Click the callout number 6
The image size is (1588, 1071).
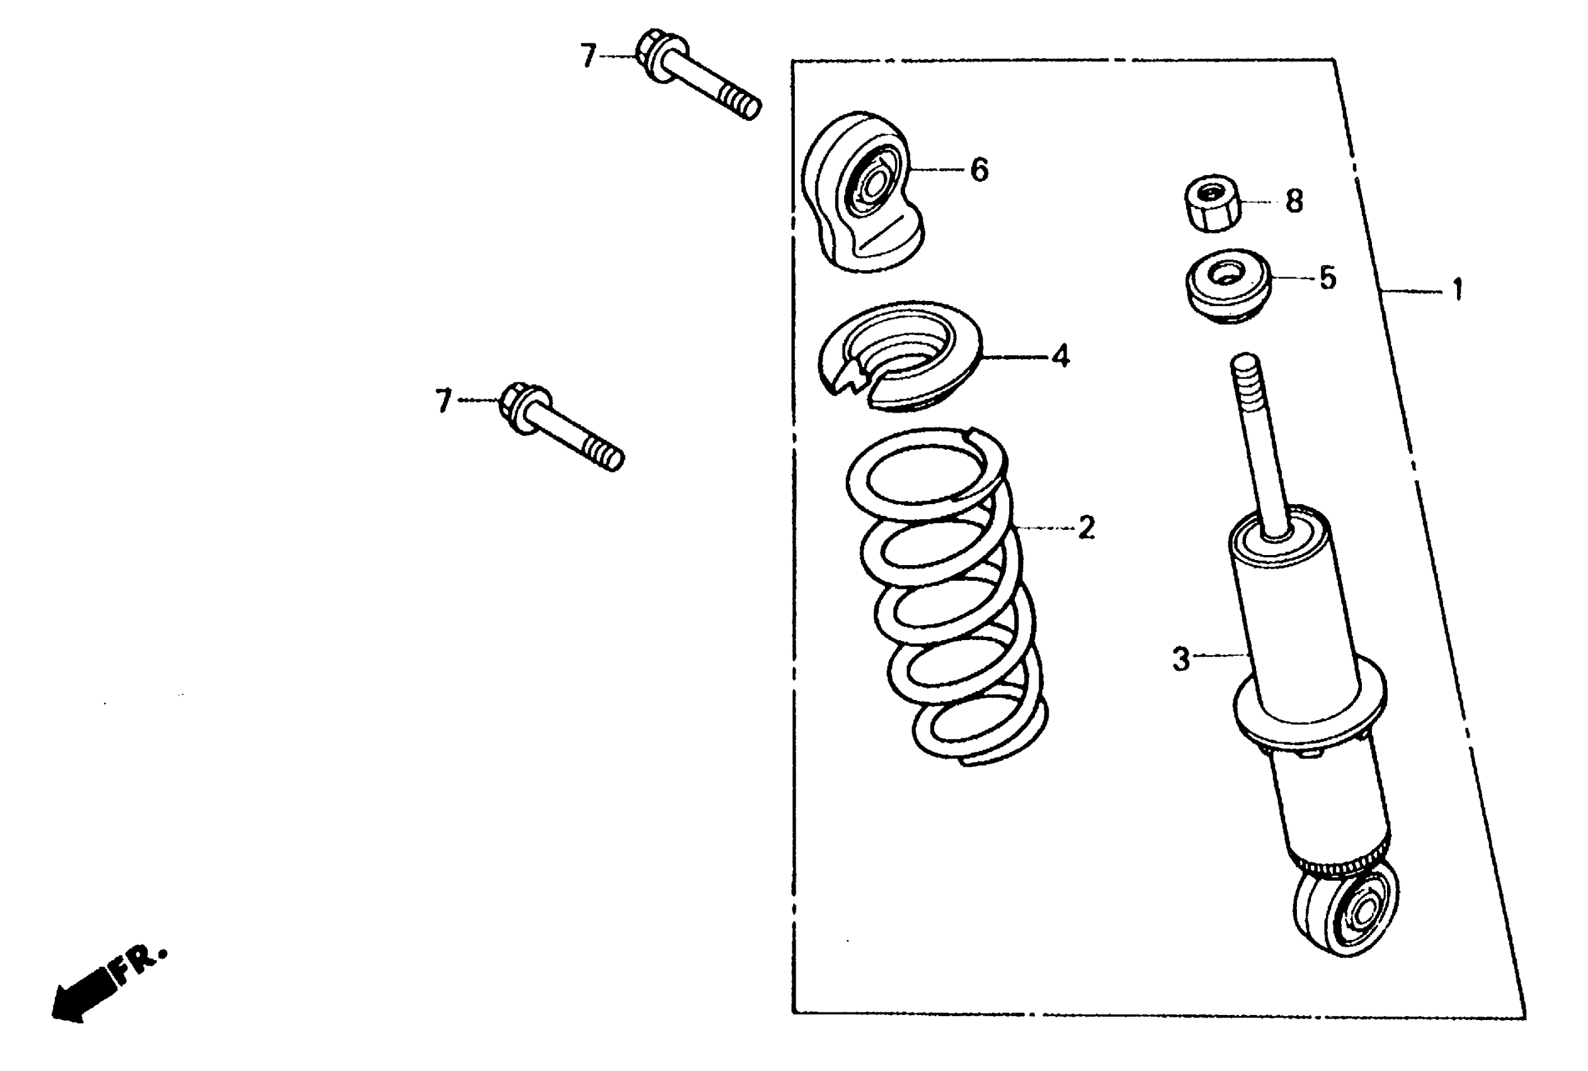click(x=980, y=170)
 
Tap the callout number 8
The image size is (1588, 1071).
click(x=1294, y=202)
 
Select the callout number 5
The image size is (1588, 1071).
click(x=1327, y=278)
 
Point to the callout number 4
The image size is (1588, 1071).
click(x=1060, y=356)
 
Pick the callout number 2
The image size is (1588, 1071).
click(x=1086, y=527)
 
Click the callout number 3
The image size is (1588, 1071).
click(x=1181, y=659)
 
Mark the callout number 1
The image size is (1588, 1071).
click(x=1457, y=290)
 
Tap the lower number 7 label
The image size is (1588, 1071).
click(x=444, y=401)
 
